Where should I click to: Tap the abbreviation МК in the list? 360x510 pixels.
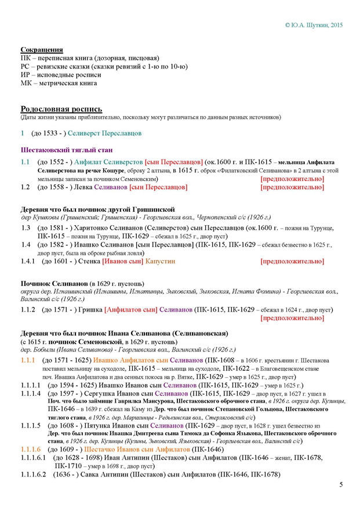tap(27, 83)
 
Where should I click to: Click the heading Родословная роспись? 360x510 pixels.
tap(61, 108)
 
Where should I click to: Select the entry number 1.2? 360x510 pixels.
tap(25, 187)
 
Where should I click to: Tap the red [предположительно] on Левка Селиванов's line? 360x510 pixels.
tap(292, 187)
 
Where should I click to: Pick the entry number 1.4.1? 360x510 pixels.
tap(28, 262)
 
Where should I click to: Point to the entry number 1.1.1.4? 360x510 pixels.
tap(32, 393)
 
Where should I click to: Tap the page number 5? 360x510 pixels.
tap(341, 485)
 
